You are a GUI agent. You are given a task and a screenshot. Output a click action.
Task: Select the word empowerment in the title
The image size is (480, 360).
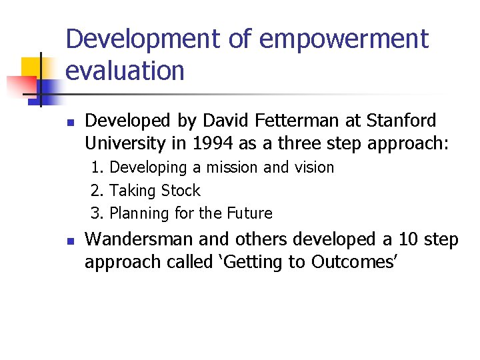point(343,39)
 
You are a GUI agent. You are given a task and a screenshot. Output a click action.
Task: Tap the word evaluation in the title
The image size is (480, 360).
point(125,71)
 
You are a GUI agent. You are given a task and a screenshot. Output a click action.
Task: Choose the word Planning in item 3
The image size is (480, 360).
point(138,213)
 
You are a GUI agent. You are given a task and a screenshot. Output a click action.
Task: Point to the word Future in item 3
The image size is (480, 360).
point(249,213)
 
